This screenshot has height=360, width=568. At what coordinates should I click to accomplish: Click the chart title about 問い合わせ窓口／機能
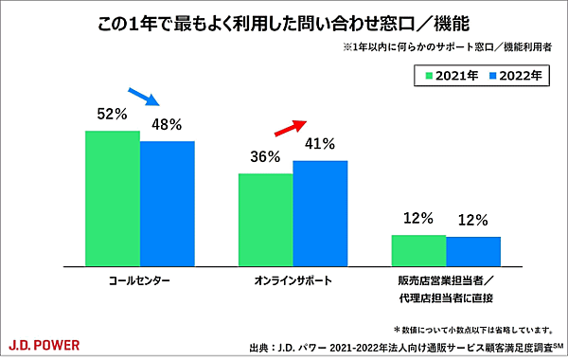tap(283, 20)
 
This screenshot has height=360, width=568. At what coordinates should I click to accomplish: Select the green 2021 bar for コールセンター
tap(113, 197)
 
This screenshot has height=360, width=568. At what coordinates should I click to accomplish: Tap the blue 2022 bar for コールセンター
tap(168, 202)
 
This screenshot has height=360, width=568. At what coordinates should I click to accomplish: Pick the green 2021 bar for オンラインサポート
tap(265, 218)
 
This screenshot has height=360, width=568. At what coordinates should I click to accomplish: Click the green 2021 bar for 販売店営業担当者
tap(418, 249)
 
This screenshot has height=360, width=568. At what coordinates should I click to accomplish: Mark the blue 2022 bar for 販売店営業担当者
tap(473, 250)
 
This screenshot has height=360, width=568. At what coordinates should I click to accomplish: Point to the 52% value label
tap(112, 115)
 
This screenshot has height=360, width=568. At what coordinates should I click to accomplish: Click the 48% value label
tap(168, 125)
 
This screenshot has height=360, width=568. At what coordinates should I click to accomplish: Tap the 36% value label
tap(265, 157)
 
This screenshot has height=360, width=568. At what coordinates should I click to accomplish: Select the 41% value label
tap(321, 145)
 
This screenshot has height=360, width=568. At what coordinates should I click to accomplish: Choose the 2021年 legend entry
tap(450, 74)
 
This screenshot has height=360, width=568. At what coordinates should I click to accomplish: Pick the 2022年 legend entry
tap(514, 74)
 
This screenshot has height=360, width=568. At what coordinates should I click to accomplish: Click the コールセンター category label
tap(140, 282)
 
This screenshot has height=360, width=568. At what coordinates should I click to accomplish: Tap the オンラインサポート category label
tap(293, 282)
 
